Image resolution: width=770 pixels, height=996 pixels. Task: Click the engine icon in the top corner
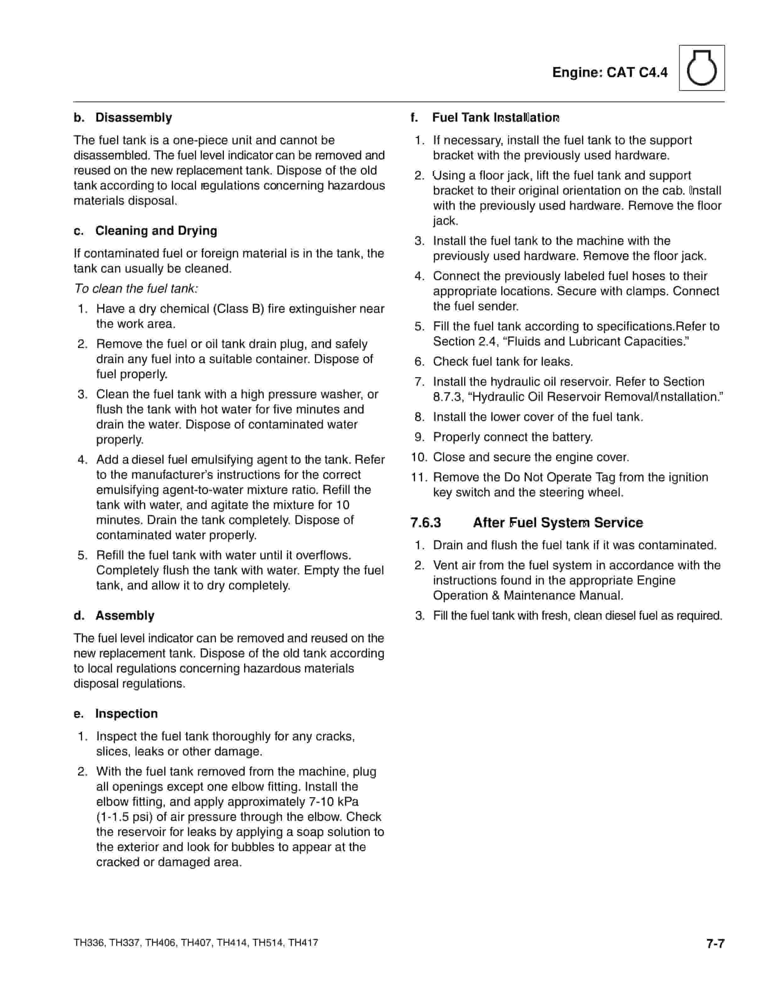701,68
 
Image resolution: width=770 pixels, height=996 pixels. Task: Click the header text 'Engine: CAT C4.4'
610,73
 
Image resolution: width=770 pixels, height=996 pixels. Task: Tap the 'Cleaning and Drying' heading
156,231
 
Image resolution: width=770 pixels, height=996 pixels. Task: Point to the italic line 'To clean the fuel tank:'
136,289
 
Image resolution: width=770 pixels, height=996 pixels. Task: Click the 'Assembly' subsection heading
125,616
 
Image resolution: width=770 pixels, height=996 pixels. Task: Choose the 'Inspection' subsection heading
126,714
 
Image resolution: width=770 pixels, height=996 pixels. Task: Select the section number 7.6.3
426,523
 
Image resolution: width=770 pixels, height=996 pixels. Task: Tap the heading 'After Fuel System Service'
557,523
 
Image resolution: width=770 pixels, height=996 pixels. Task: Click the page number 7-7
715,943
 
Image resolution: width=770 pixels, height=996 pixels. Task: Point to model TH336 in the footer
88,943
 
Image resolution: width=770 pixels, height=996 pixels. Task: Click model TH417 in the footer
303,943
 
